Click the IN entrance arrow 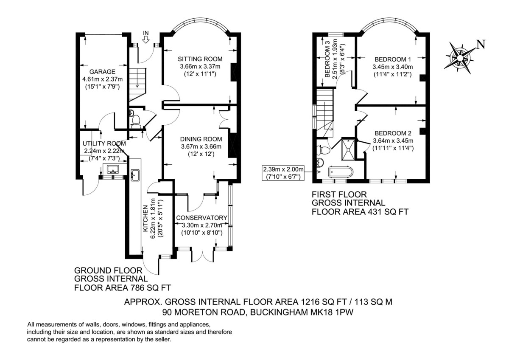point(145,39)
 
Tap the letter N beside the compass point(481,45)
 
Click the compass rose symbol point(460,58)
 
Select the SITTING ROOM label point(200,59)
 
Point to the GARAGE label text point(102,72)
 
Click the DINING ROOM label point(201,139)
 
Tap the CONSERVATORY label point(201,218)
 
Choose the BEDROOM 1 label point(393,59)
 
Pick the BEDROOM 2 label point(393,133)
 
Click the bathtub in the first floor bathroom point(341,172)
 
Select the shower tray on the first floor point(348,149)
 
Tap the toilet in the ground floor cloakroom point(136,121)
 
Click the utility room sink point(112,169)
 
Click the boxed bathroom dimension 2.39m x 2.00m point(283,173)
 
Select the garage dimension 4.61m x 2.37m point(102,79)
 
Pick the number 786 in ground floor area point(137,288)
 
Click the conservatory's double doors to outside point(203,255)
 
